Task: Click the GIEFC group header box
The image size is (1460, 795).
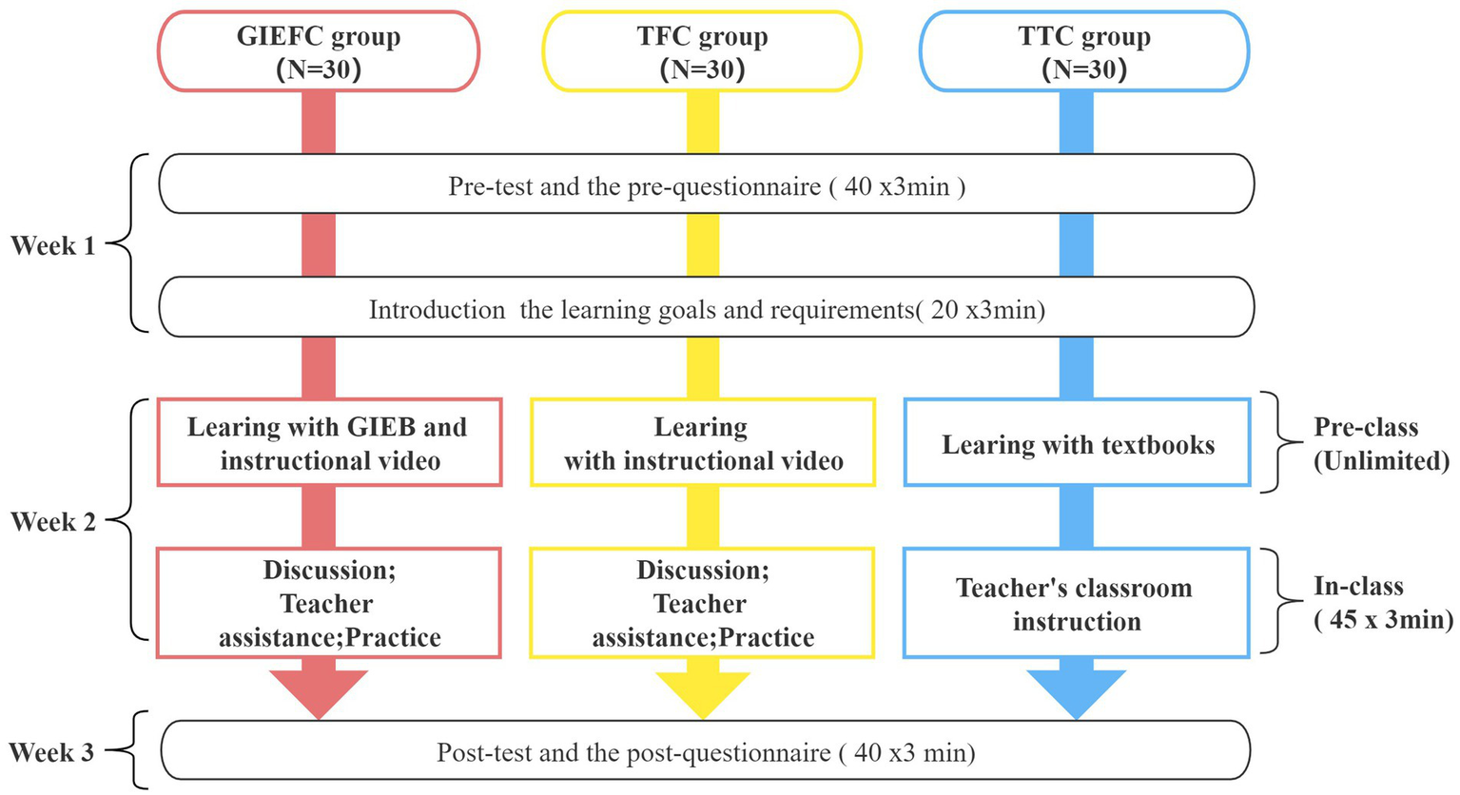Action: pyautogui.click(x=319, y=52)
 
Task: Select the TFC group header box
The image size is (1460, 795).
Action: pyautogui.click(x=702, y=52)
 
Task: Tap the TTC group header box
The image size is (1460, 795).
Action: pyautogui.click(x=1084, y=52)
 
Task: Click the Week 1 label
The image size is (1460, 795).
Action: pyautogui.click(x=53, y=245)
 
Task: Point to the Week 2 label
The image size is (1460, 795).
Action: pyautogui.click(x=53, y=521)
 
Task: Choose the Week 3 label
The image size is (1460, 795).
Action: pyautogui.click(x=52, y=752)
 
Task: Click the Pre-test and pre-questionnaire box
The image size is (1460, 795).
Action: pyautogui.click(x=706, y=184)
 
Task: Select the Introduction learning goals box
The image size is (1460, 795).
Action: pyautogui.click(x=706, y=308)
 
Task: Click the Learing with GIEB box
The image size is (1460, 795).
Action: pyautogui.click(x=329, y=443)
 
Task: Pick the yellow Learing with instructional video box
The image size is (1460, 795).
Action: pyautogui.click(x=703, y=443)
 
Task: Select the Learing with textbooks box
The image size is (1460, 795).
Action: pyautogui.click(x=1077, y=444)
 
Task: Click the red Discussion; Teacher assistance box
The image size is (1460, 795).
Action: pyautogui.click(x=329, y=603)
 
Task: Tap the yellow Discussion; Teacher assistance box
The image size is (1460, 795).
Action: pyautogui.click(x=702, y=603)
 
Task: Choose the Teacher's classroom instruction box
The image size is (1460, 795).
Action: pyautogui.click(x=1076, y=604)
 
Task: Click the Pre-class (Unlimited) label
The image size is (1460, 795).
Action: pyautogui.click(x=1380, y=443)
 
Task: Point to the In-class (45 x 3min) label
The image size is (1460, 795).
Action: pyautogui.click(x=1382, y=603)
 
